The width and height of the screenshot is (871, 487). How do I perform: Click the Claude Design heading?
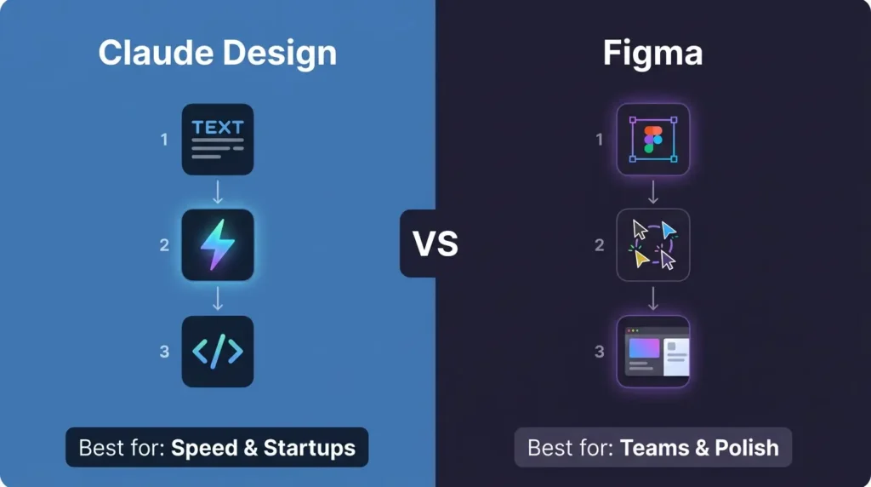click(218, 53)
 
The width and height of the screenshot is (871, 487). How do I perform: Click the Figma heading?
click(652, 53)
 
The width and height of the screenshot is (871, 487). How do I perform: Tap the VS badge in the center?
click(435, 243)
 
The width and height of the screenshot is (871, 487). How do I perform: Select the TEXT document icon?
click(218, 140)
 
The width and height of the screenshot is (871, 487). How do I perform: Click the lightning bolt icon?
click(218, 245)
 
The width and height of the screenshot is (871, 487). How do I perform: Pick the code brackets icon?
click(218, 352)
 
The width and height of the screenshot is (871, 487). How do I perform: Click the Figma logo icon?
click(652, 140)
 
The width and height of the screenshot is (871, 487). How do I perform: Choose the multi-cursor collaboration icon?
click(652, 245)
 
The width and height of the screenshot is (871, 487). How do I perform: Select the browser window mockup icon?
click(652, 352)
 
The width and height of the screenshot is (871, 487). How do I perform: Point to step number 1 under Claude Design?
click(164, 140)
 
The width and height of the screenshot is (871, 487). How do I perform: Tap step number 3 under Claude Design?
click(164, 352)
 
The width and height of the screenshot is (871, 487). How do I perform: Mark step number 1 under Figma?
click(600, 140)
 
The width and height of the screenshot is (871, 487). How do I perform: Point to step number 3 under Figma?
click(600, 352)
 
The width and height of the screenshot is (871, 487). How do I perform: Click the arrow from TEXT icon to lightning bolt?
click(218, 192)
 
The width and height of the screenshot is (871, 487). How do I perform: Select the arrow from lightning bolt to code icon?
click(218, 298)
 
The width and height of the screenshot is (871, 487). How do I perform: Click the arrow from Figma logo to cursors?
click(652, 192)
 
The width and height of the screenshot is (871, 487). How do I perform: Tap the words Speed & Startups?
click(263, 448)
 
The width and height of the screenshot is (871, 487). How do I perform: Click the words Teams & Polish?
click(699, 448)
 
